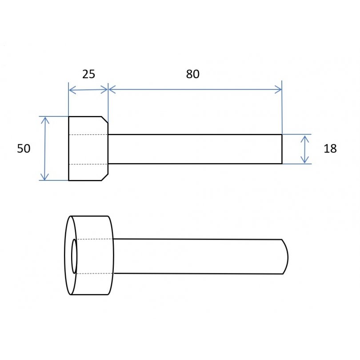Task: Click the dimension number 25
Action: [x=88, y=74]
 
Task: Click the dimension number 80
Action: [x=192, y=74]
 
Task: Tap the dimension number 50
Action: [x=24, y=148]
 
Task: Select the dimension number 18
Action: [x=330, y=148]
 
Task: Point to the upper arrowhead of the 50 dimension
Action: [x=45, y=120]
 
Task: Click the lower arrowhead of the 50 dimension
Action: [x=44, y=177]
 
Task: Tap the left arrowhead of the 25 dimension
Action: [x=72, y=90]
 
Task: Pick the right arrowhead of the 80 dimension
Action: [x=278, y=89]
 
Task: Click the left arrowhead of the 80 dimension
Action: [x=112, y=89]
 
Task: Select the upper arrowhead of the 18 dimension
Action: [x=305, y=139]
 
